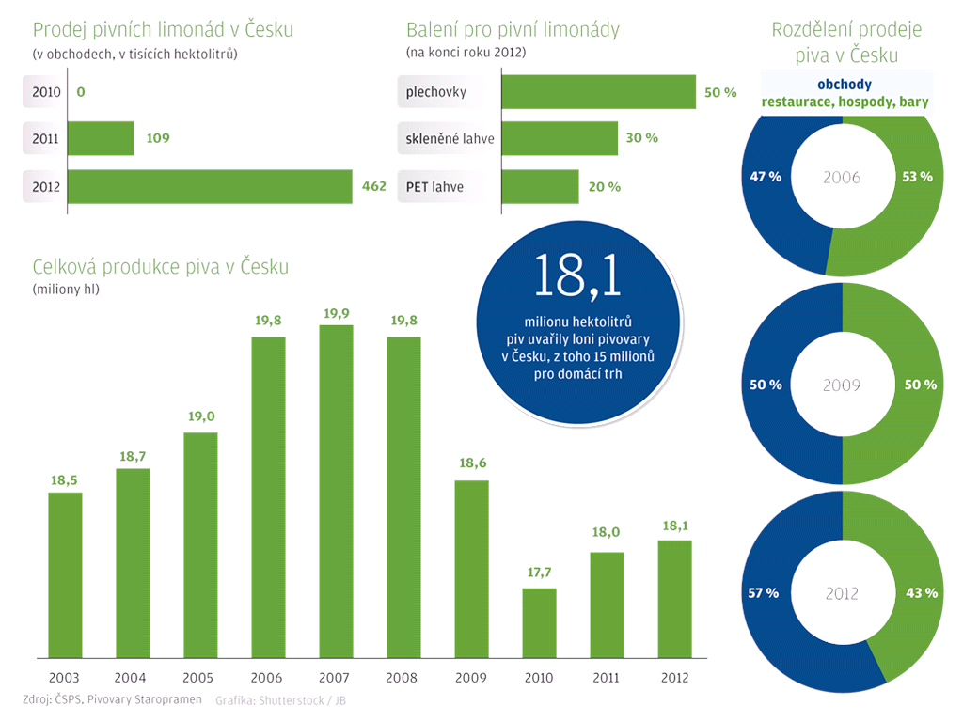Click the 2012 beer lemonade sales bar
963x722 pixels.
pos(210,186)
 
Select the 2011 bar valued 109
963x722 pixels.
pos(101,138)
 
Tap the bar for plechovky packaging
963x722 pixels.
pos(598,92)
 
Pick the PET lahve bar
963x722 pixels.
pos(540,186)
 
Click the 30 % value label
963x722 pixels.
pos(641,138)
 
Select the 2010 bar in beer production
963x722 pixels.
pos(539,622)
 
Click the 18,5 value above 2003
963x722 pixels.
pos(64,480)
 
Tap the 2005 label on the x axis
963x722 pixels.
pos(199,677)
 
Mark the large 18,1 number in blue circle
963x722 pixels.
pos(577,275)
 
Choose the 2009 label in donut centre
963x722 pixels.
pos(842,385)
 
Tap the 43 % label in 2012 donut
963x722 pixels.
pos(920,593)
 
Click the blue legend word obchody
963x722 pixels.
pos(844,85)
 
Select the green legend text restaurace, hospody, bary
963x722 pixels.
pos(844,102)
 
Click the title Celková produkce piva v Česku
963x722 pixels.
pos(160,267)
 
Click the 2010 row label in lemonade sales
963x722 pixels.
pos(45,92)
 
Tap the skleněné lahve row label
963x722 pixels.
pos(450,139)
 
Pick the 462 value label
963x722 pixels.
pos(374,186)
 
